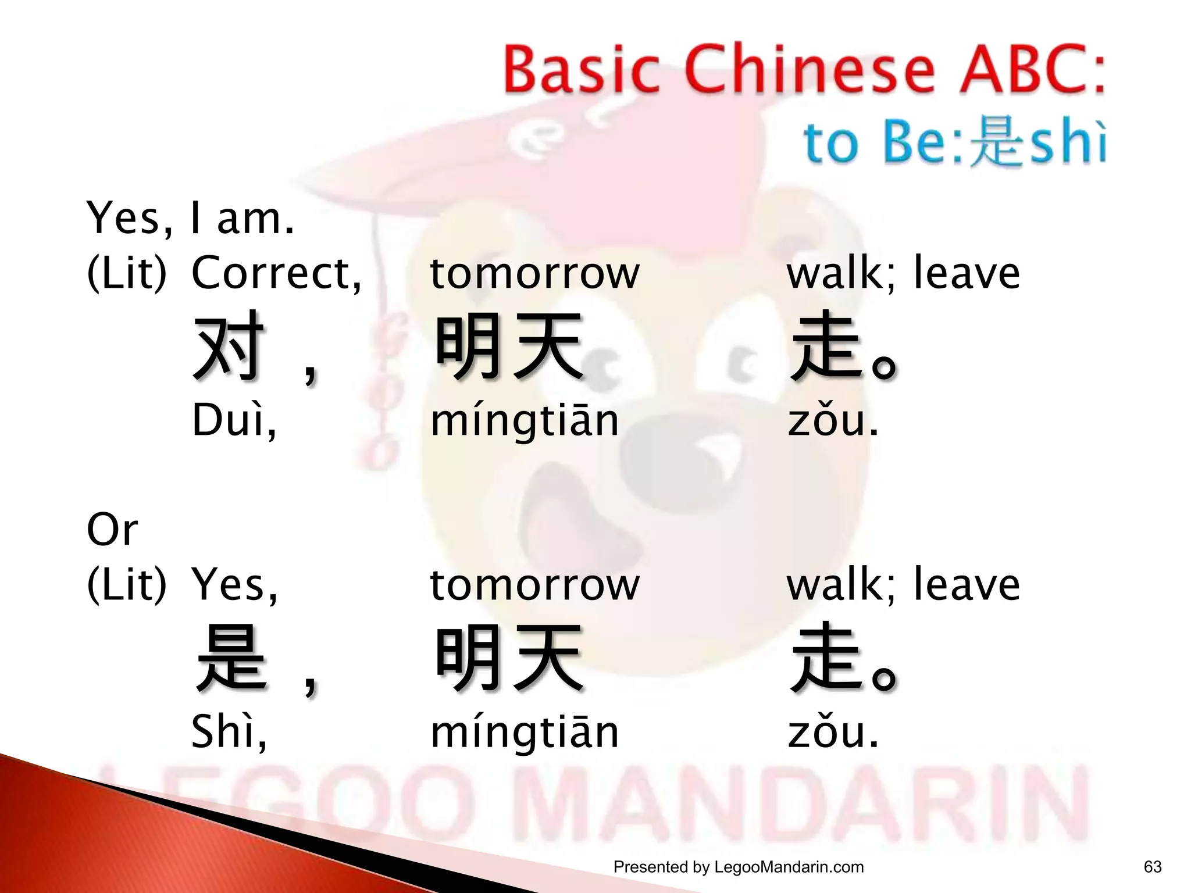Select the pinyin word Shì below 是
point(229,731)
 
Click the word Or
point(112,530)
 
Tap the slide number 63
point(1152,867)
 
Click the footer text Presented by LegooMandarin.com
point(738,867)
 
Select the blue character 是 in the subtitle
point(997,142)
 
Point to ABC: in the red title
point(1032,71)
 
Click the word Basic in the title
point(582,71)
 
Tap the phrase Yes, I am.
point(190,218)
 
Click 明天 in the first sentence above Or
point(509,346)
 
